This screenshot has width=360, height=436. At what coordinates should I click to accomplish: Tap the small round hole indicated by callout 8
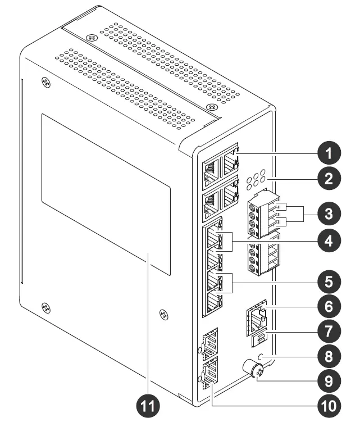point(260,356)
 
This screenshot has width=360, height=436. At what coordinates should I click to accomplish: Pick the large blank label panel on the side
point(106,194)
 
